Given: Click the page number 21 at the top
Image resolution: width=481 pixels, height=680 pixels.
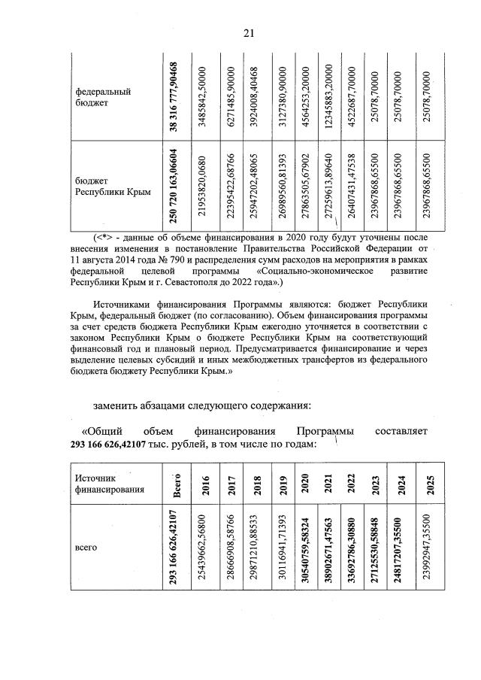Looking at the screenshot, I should click(x=249, y=32).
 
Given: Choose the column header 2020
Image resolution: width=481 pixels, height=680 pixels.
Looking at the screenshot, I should click(x=306, y=483).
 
